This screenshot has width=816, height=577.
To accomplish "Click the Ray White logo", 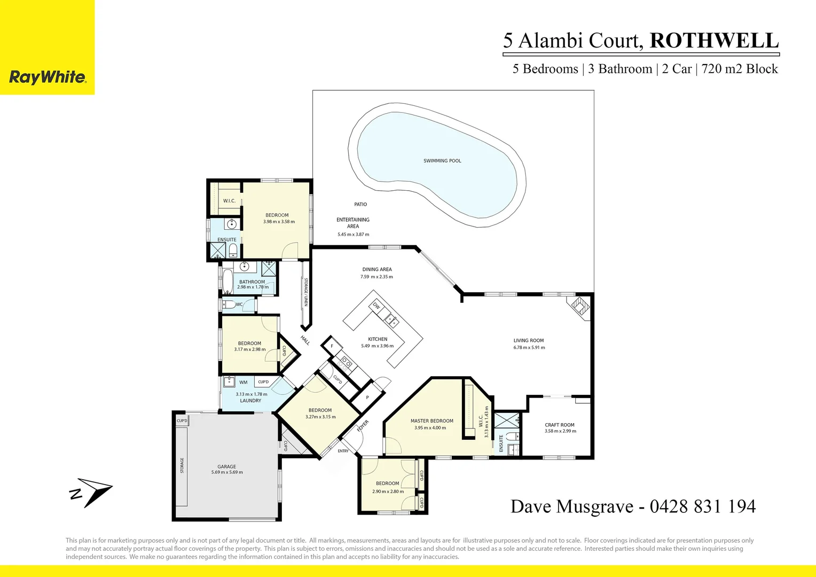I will [x=48, y=77].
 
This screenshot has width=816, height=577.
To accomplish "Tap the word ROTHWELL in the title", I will [x=714, y=41].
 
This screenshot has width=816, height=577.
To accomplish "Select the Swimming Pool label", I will [x=442, y=161].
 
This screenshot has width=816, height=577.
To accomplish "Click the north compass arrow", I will [x=91, y=492].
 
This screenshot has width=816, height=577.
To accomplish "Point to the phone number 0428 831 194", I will [x=702, y=506].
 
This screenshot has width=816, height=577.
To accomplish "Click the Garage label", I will [x=226, y=466].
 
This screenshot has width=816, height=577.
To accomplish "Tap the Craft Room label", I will [x=560, y=425].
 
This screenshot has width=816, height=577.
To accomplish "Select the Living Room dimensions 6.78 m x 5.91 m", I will [x=529, y=348].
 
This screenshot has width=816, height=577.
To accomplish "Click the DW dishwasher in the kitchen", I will [x=376, y=306].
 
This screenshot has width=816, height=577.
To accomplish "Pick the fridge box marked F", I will [x=332, y=346].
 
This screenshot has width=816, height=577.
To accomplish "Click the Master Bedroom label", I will [x=431, y=421].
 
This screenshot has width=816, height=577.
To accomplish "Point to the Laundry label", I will [x=250, y=401].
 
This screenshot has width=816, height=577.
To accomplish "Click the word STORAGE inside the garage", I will [x=182, y=465].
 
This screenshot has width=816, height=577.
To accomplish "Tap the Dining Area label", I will [x=377, y=270].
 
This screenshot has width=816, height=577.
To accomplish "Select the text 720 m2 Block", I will [x=740, y=69].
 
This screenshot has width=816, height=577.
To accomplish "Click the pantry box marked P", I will [x=367, y=397].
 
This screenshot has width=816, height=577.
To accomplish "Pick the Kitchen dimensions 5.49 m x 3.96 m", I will [x=377, y=346].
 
